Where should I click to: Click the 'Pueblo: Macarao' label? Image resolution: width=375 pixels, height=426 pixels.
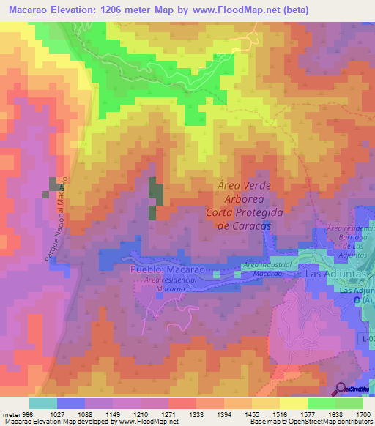[x=164, y=270]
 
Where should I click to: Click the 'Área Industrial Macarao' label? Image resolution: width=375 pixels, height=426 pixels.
[x=268, y=268]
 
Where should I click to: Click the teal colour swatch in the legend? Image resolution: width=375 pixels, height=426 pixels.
[x=42, y=403]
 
